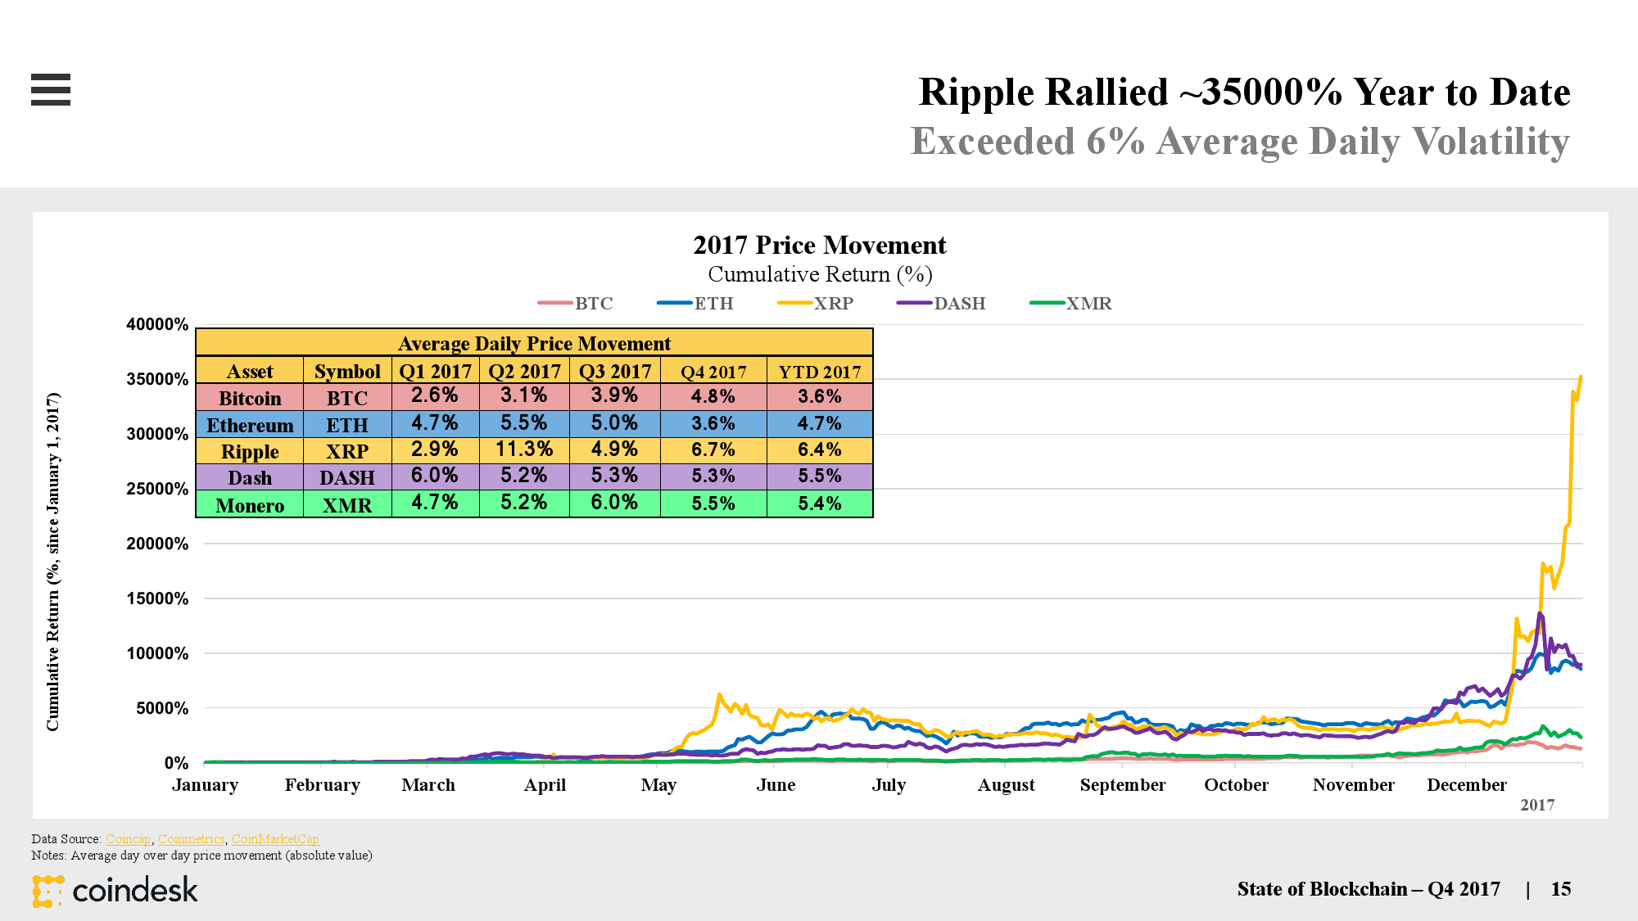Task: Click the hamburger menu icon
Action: pyautogui.click(x=51, y=89)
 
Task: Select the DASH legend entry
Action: pyautogui.click(x=941, y=304)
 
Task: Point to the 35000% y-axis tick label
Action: pyautogui.click(x=157, y=379)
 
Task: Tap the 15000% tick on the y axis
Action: pyautogui.click(x=157, y=598)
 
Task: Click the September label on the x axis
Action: pyautogui.click(x=1122, y=785)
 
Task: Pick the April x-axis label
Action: pyautogui.click(x=545, y=785)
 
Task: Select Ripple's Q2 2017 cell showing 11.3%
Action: pyautogui.click(x=524, y=449)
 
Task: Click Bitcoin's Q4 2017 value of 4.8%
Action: pyautogui.click(x=713, y=397)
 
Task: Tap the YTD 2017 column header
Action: pyautogui.click(x=819, y=372)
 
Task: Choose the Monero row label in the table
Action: pyautogui.click(x=250, y=505)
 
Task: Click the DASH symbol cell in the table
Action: pyautogui.click(x=347, y=477)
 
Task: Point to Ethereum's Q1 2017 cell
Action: pyautogui.click(x=435, y=423)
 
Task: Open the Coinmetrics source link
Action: pyautogui.click(x=191, y=839)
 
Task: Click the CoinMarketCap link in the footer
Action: pyautogui.click(x=275, y=839)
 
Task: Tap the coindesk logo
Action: pyautogui.click(x=115, y=891)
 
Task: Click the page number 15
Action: pyautogui.click(x=1560, y=889)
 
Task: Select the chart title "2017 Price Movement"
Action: pyautogui.click(x=819, y=245)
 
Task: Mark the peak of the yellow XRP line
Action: pyautogui.click(x=1581, y=377)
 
